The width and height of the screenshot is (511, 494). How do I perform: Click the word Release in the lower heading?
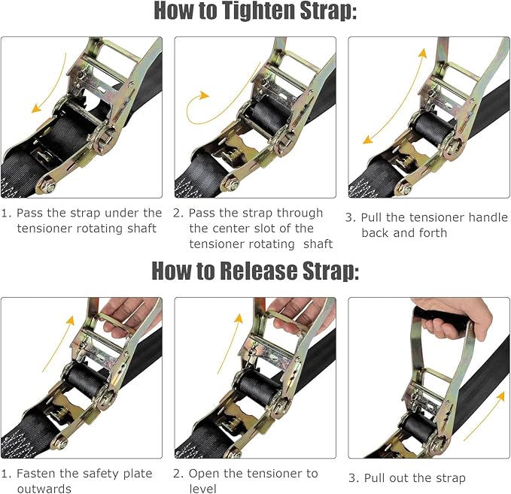(x=272, y=271)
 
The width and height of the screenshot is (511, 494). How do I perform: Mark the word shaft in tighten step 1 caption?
(x=141, y=229)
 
